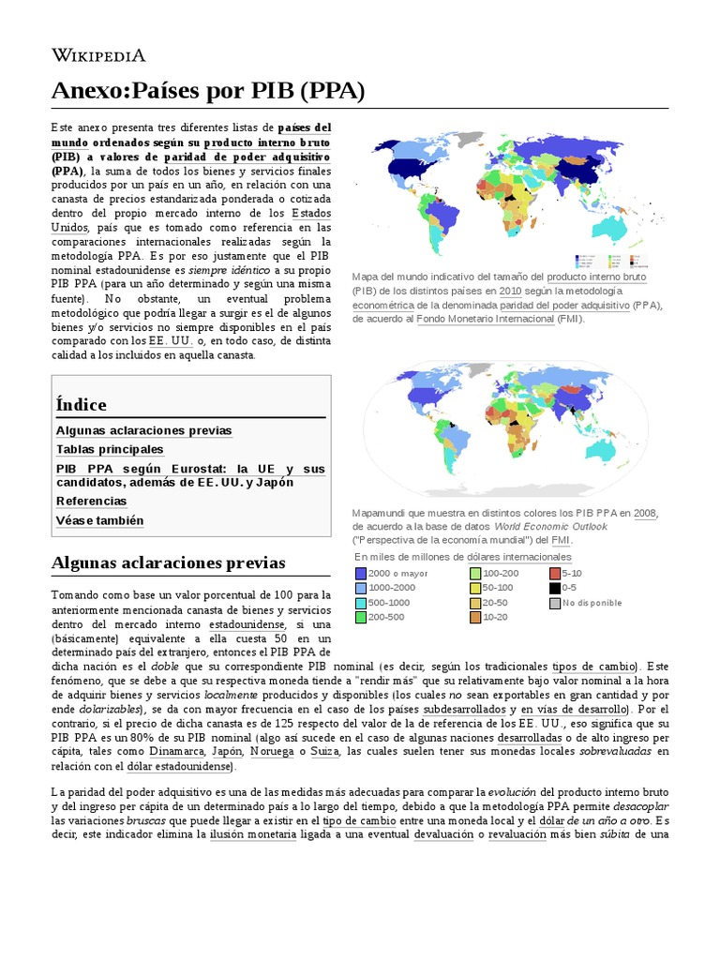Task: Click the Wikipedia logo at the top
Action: (98, 55)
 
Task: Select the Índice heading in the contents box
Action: (82, 404)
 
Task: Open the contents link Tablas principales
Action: (110, 449)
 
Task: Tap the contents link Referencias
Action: (91, 501)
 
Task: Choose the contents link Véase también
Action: (100, 520)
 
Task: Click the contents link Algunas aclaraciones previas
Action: (143, 430)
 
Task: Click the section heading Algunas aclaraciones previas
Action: (168, 562)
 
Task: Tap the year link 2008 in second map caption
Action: (645, 512)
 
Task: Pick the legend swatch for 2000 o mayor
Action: (361, 573)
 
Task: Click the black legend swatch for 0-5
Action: (555, 588)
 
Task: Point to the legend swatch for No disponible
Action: (555, 603)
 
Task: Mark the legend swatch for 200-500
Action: (361, 618)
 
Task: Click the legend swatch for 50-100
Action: (475, 588)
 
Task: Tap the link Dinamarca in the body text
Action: (174, 751)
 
